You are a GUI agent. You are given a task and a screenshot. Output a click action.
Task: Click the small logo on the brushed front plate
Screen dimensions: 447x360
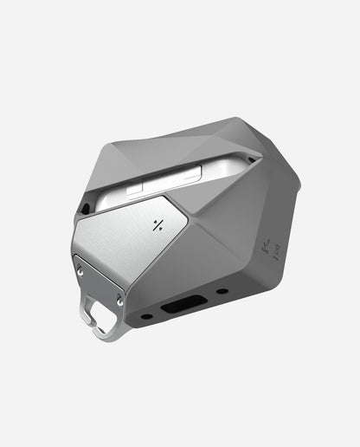tap(157, 227)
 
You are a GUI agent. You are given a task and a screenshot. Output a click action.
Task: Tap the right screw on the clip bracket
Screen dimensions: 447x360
tap(119, 299)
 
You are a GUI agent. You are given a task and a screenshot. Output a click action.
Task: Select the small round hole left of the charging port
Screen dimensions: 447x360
tap(146, 316)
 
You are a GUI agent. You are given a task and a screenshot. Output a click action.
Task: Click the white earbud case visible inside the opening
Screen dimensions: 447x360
tap(173, 178)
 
